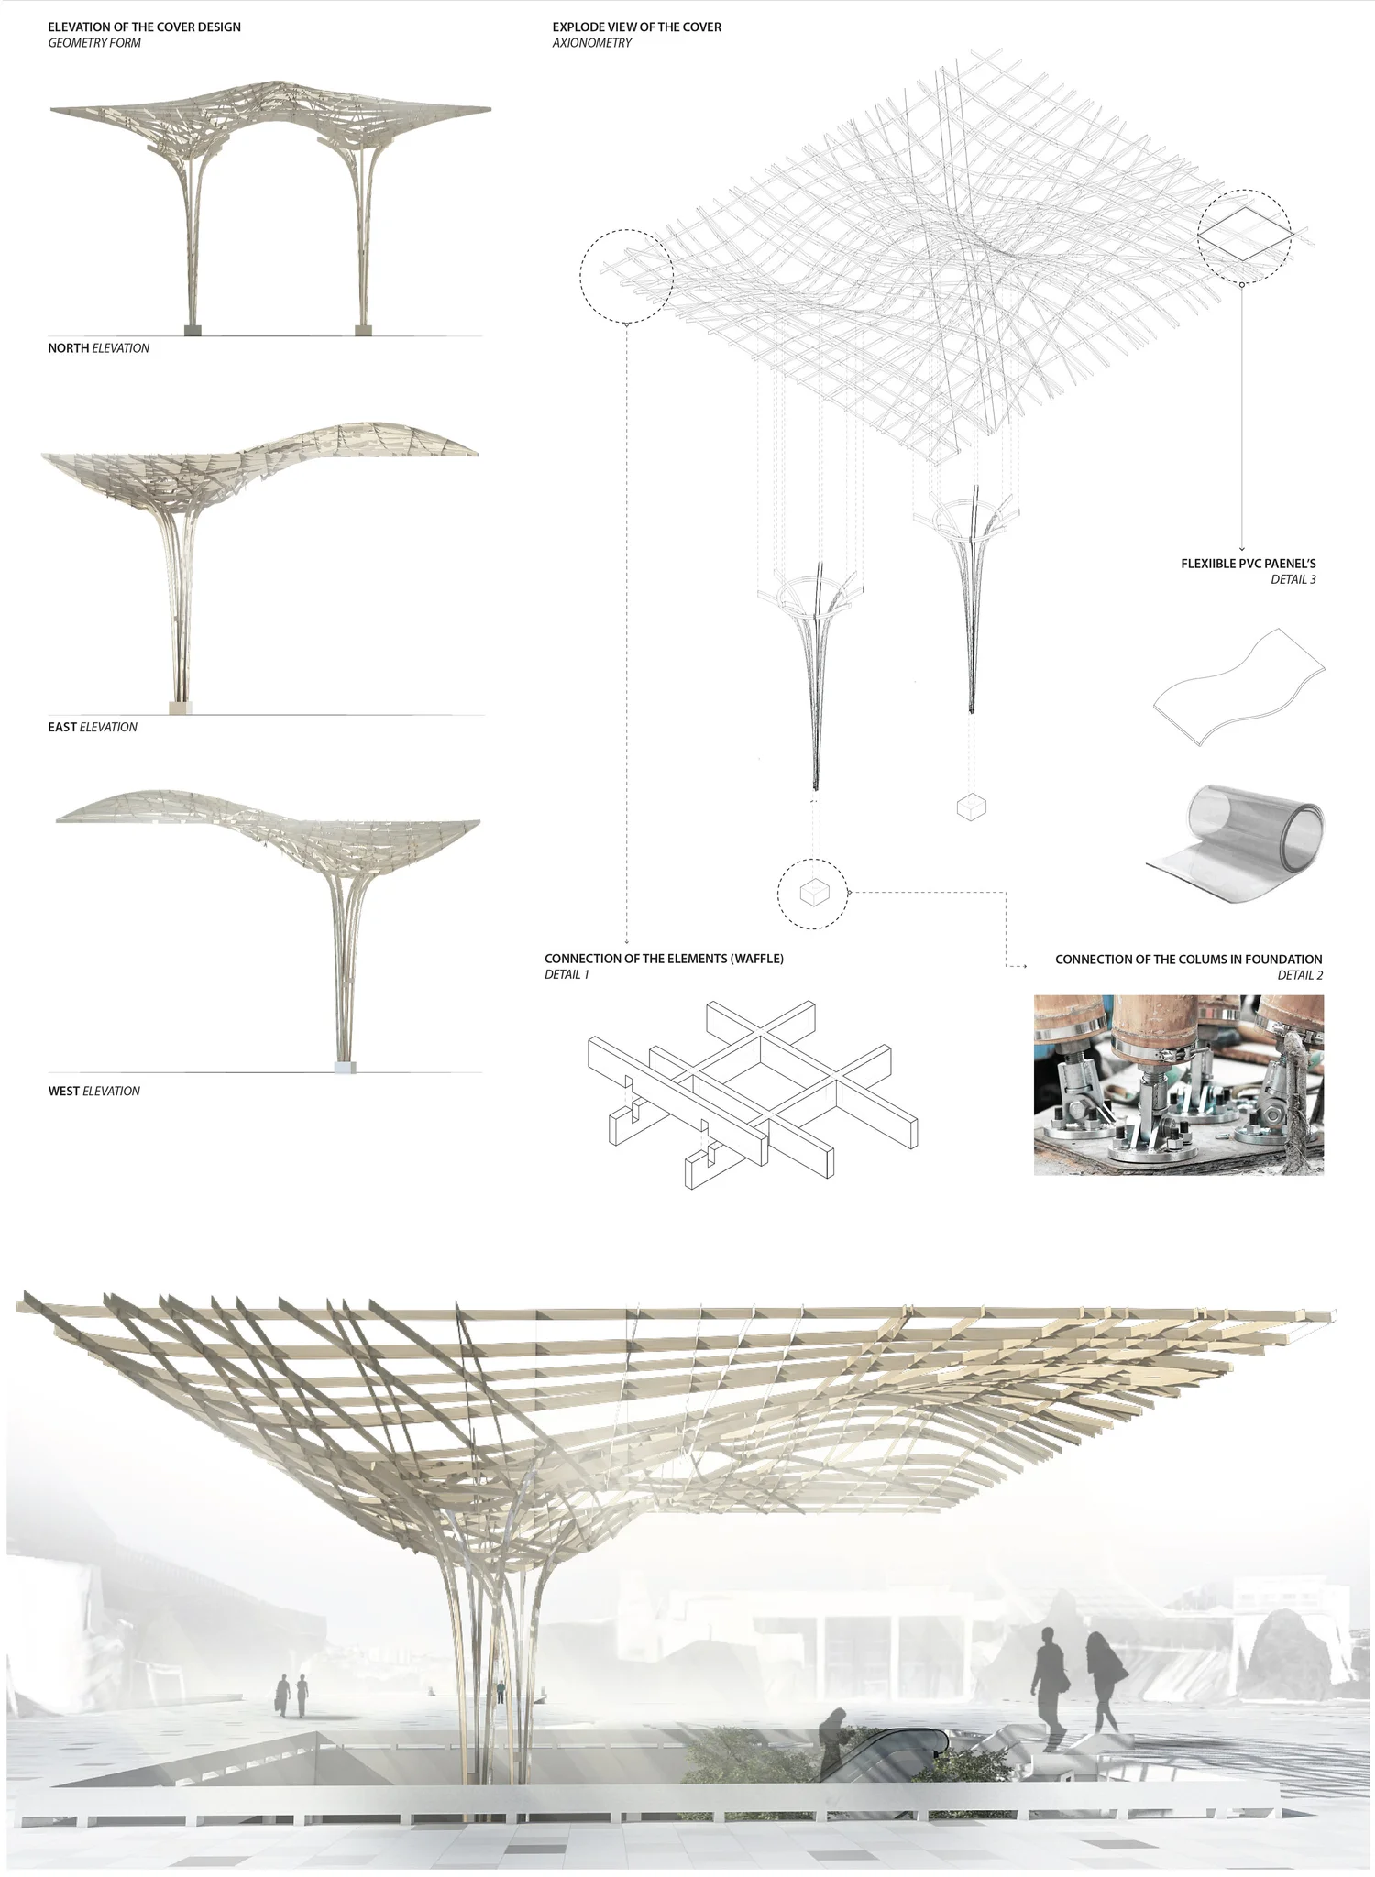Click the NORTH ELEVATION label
tap(98, 348)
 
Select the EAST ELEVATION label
tap(93, 727)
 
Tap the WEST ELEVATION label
tap(93, 1091)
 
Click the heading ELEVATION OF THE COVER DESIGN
tap(144, 27)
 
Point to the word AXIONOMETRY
tap(591, 43)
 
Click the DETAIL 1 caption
tap(566, 974)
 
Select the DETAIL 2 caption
tap(1300, 975)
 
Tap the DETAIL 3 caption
tap(1292, 579)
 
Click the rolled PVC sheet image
tap(1237, 843)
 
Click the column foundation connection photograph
tap(1178, 1084)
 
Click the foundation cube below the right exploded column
tap(971, 807)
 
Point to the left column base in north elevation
tap(192, 329)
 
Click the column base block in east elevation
tap(181, 707)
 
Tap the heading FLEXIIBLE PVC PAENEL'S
tap(1248, 564)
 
